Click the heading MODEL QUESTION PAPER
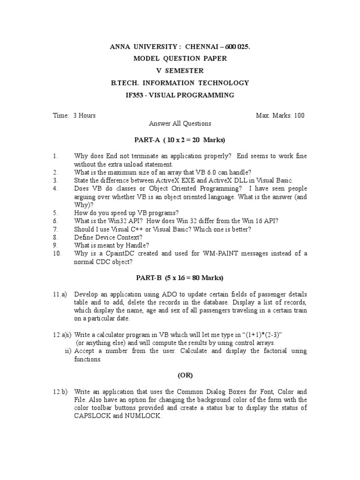(180, 59)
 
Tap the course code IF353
(136, 95)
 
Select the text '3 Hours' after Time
(84, 115)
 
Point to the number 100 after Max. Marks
(299, 115)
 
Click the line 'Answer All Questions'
(180, 124)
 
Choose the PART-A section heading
(180, 140)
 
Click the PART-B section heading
(180, 277)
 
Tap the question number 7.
(55, 229)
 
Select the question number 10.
(57, 254)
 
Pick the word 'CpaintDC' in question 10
(120, 254)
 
